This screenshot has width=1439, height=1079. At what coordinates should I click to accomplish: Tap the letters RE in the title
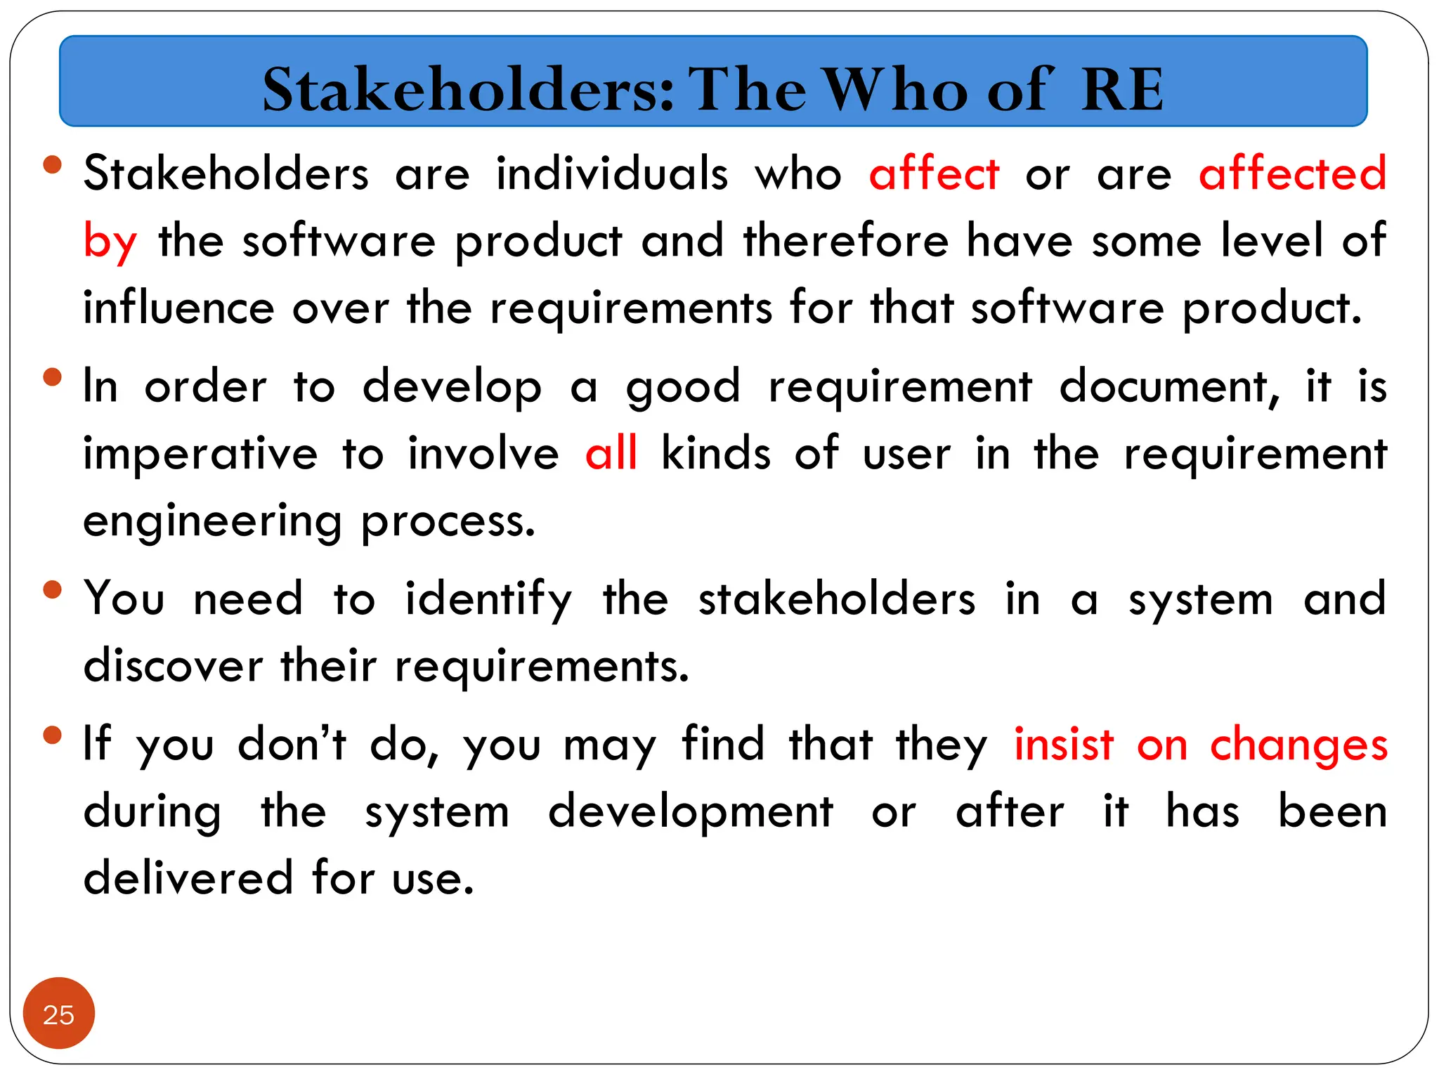coord(1122,89)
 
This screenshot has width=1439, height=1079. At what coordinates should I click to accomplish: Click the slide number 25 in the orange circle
coord(58,1014)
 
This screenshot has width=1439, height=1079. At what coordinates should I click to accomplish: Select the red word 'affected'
coord(1292,174)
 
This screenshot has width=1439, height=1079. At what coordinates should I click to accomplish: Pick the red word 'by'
coord(110,242)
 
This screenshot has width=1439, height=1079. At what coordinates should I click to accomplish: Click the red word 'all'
coord(611,453)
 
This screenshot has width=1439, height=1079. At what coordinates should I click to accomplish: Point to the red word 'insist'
coord(1064,745)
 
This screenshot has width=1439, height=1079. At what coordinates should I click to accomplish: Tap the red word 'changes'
coord(1298,746)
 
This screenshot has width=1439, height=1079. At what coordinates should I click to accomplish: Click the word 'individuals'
coord(612,174)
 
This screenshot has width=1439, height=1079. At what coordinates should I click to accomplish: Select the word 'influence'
coord(178,308)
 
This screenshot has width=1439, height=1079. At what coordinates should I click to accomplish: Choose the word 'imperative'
coord(200,455)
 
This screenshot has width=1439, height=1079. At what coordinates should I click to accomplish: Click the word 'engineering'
coord(212,522)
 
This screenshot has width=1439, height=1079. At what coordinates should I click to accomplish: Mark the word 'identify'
coord(488,600)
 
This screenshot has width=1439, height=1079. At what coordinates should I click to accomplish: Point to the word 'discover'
coord(173,666)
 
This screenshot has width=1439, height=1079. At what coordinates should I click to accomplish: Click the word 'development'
coord(691,813)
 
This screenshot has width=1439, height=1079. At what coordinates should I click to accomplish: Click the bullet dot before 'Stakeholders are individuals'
coord(52,164)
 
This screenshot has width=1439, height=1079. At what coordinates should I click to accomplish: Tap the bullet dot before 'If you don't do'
coord(52,735)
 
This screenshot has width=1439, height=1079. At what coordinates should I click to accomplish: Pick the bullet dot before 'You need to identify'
coord(52,589)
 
